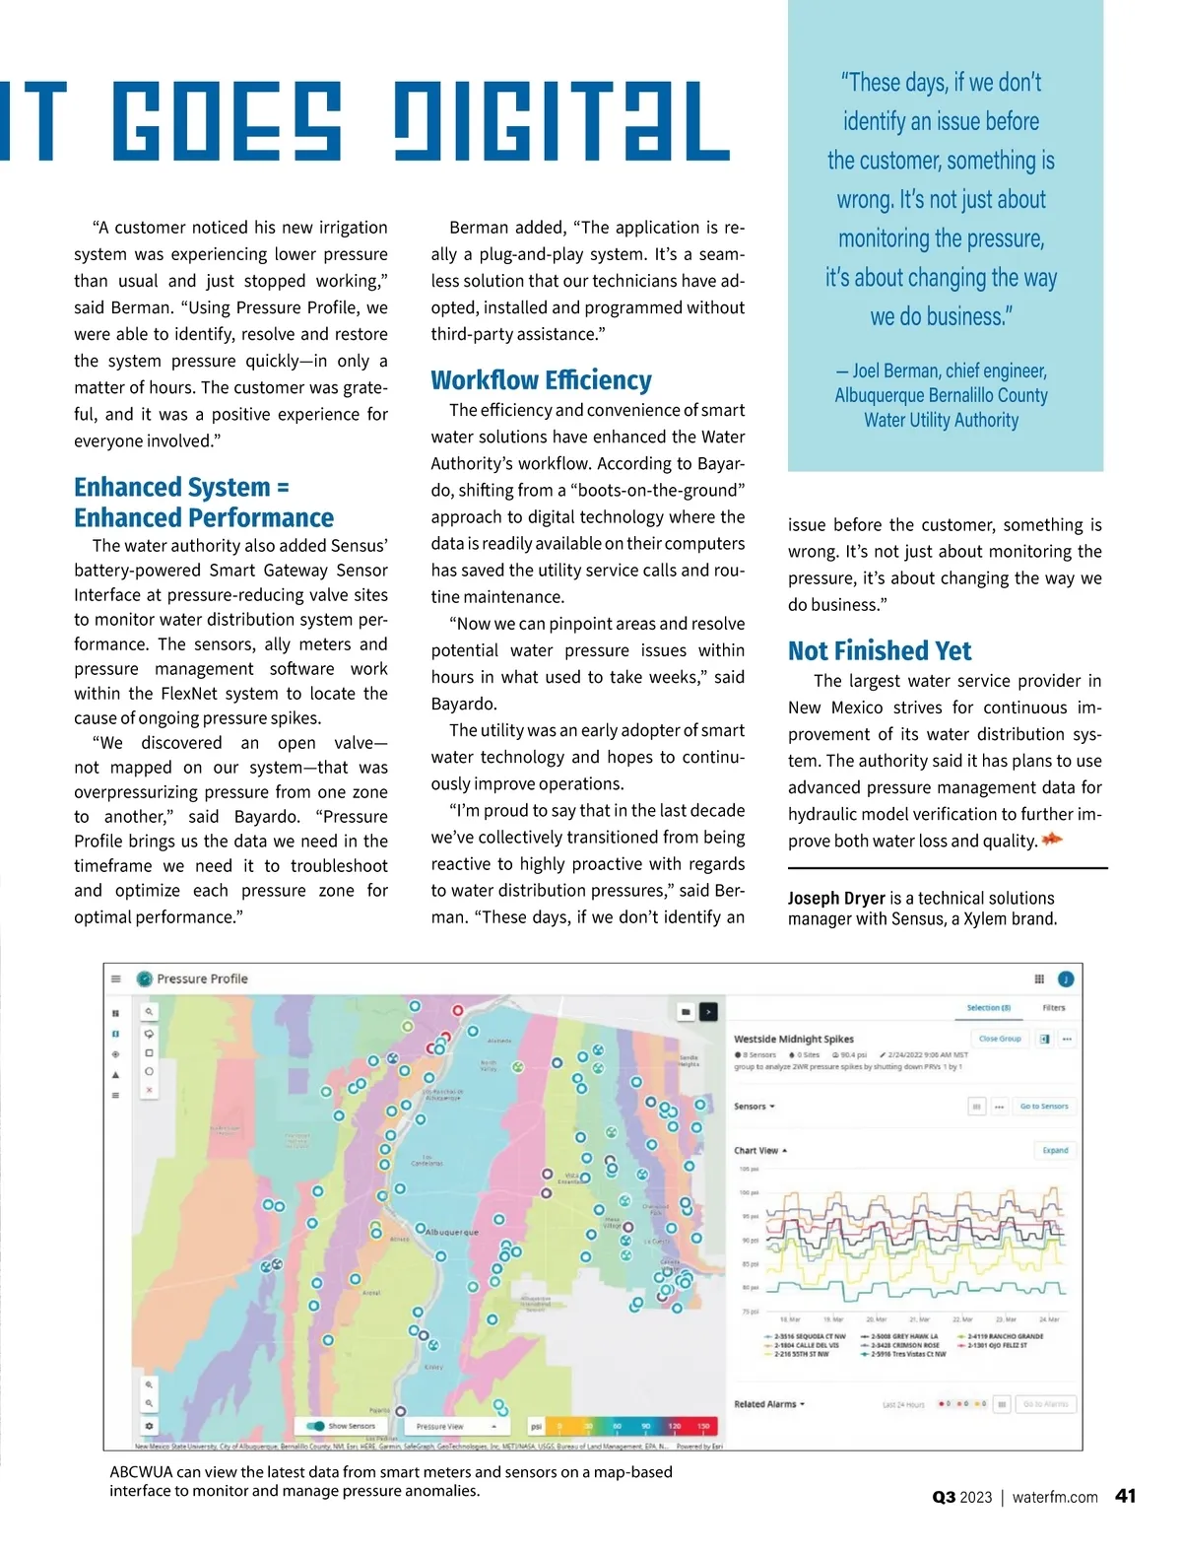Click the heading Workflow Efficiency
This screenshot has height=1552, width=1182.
[541, 380]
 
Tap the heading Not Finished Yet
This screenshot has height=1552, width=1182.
[879, 651]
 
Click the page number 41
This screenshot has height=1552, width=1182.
[1125, 1496]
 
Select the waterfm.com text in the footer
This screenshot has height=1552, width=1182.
[1054, 1497]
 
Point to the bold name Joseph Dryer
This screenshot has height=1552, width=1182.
[836, 898]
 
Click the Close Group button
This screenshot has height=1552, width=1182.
[1000, 1039]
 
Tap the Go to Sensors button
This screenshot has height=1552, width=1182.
[1043, 1107]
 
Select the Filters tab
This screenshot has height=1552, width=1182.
[1054, 1008]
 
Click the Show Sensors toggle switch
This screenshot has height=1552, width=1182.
[316, 1426]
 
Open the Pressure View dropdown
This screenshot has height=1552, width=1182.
[454, 1426]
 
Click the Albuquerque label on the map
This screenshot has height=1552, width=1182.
[451, 1232]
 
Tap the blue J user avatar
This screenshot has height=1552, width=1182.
[1066, 978]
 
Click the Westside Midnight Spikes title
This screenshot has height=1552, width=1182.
[794, 1039]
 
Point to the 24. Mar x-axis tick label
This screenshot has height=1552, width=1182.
[1049, 1319]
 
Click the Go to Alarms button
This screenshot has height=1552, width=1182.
[1045, 1404]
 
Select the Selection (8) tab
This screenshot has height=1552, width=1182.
[988, 1008]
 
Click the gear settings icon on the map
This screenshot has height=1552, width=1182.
[149, 1426]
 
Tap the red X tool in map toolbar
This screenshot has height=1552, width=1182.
[149, 1090]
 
